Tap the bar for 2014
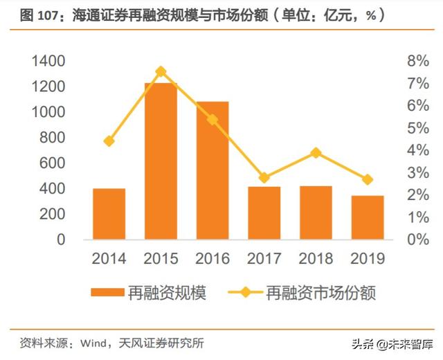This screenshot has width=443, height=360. point(109,214)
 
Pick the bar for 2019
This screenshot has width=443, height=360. point(368,217)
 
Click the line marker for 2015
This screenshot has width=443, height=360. point(161,71)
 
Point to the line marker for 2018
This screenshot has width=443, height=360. point(316,152)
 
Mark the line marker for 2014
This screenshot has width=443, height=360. point(109,141)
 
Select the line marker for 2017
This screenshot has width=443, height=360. point(264,177)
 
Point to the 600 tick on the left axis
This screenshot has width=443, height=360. point(53,163)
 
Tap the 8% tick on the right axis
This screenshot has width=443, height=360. point(417,62)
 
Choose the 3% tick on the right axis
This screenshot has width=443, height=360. point(417,173)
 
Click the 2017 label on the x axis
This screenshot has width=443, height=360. point(264,260)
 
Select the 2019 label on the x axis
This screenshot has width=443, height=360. point(368,260)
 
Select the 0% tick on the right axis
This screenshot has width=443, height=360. point(417,240)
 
